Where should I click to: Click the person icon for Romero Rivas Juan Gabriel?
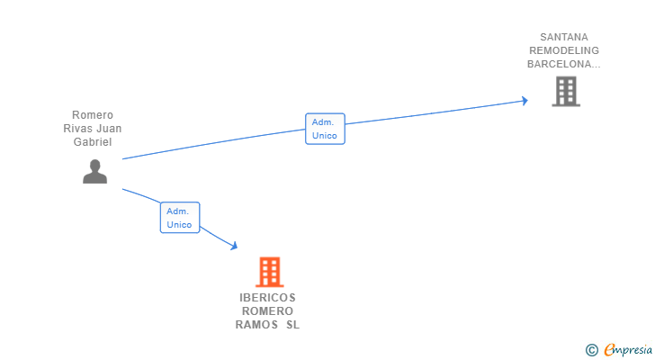(94, 171)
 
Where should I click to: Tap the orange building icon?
(269, 272)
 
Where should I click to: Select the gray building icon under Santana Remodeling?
(566, 91)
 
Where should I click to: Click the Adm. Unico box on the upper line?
(325, 129)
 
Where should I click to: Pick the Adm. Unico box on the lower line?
(180, 218)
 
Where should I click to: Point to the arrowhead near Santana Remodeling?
(525, 101)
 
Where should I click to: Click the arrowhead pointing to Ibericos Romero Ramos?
(234, 246)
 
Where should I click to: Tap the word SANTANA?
(564, 37)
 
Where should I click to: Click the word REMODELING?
(564, 50)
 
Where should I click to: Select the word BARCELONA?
(560, 64)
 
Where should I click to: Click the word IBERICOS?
(267, 298)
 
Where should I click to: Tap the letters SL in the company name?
(292, 325)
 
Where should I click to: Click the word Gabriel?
(93, 142)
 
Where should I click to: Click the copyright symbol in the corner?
(591, 350)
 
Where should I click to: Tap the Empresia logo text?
(628, 350)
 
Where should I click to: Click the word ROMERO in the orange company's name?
(267, 311)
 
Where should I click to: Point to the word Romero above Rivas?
(93, 115)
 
